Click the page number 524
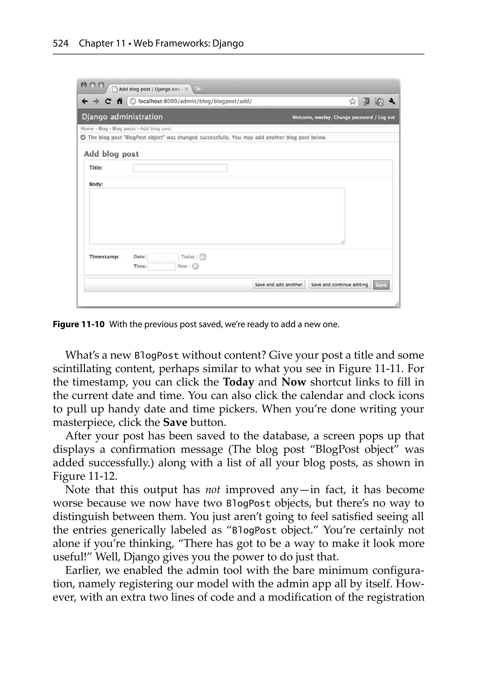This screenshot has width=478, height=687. click(61, 44)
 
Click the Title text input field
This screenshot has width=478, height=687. click(180, 168)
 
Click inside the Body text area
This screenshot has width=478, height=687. click(217, 216)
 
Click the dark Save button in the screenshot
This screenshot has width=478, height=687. click(381, 285)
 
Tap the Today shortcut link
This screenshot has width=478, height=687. click(188, 257)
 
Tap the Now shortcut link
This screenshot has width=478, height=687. click(182, 266)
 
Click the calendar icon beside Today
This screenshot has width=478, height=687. click(203, 257)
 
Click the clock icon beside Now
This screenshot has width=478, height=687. click(195, 266)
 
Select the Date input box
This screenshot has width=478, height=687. click(163, 257)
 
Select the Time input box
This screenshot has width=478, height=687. click(162, 266)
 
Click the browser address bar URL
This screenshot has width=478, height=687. click(195, 101)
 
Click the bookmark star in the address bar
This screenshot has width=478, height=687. click(352, 101)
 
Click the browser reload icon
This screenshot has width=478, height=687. click(108, 101)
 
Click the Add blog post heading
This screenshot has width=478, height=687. click(111, 154)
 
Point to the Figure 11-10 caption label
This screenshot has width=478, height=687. click(79, 324)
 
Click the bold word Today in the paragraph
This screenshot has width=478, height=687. click(238, 382)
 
